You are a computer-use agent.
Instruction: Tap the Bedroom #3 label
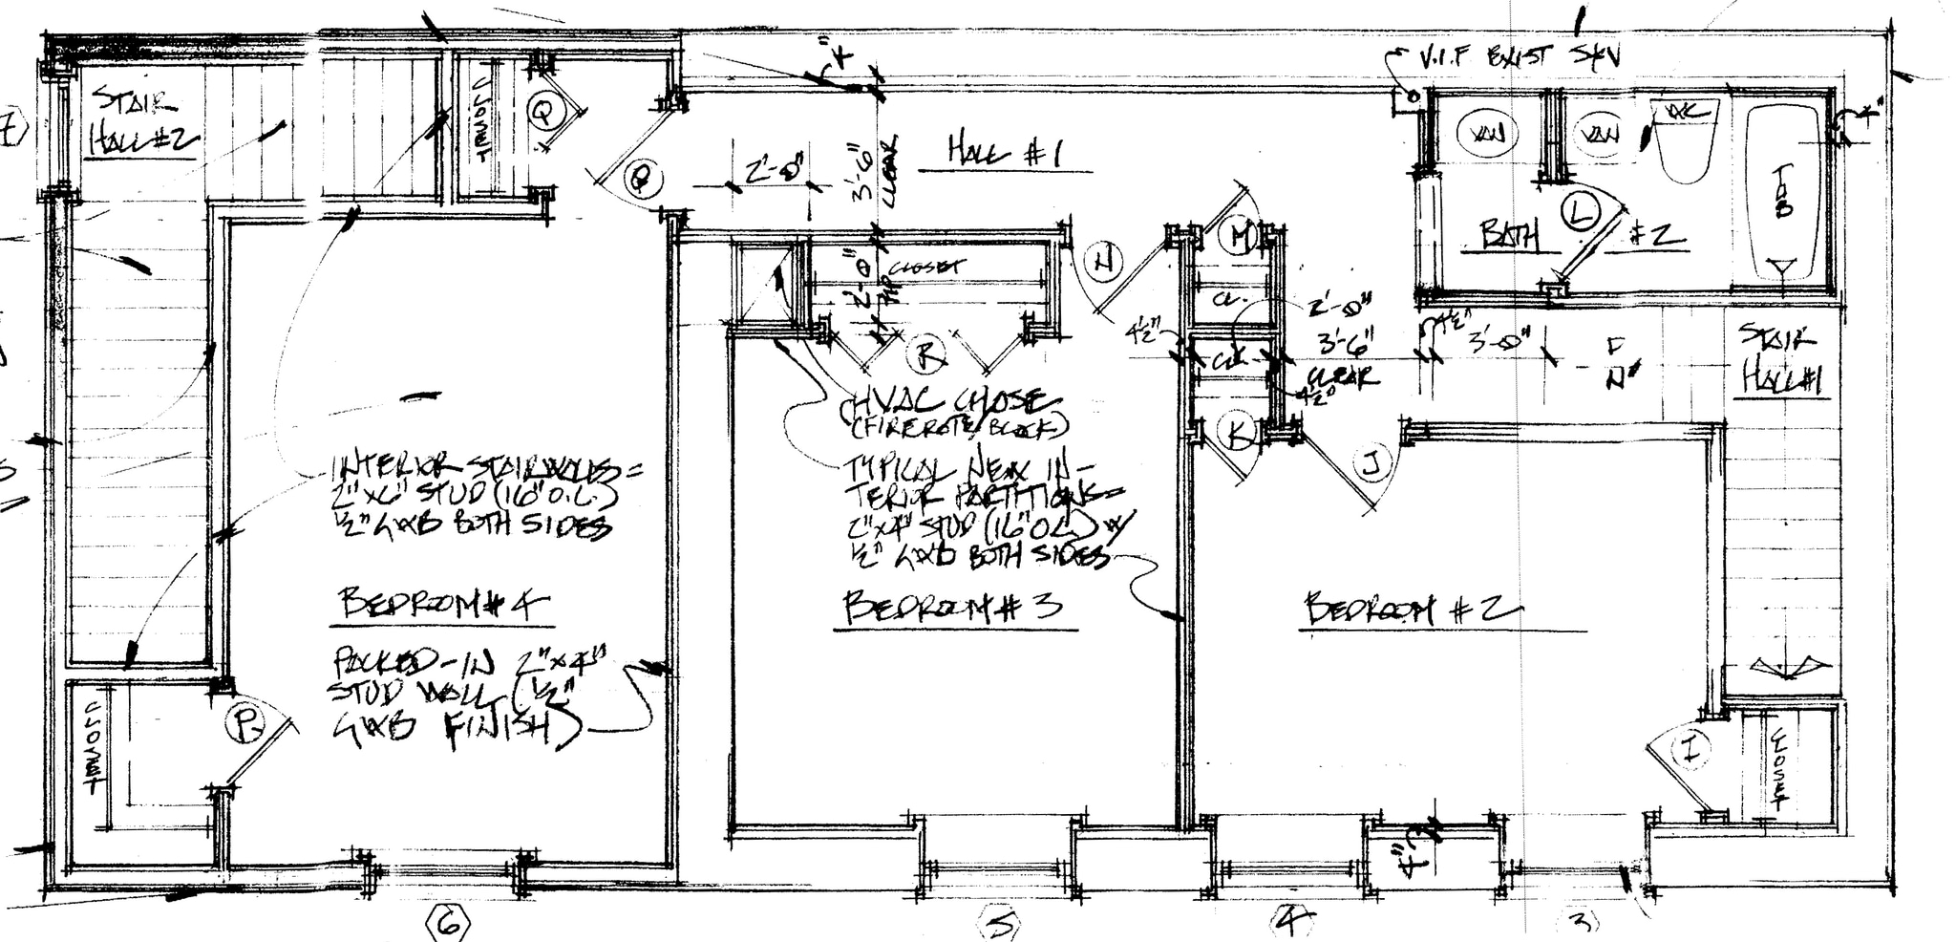(952, 607)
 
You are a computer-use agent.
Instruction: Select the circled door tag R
(925, 355)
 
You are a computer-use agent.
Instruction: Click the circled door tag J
(1371, 465)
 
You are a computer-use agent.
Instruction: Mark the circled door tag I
(1691, 750)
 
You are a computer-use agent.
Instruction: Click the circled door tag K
(1238, 435)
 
